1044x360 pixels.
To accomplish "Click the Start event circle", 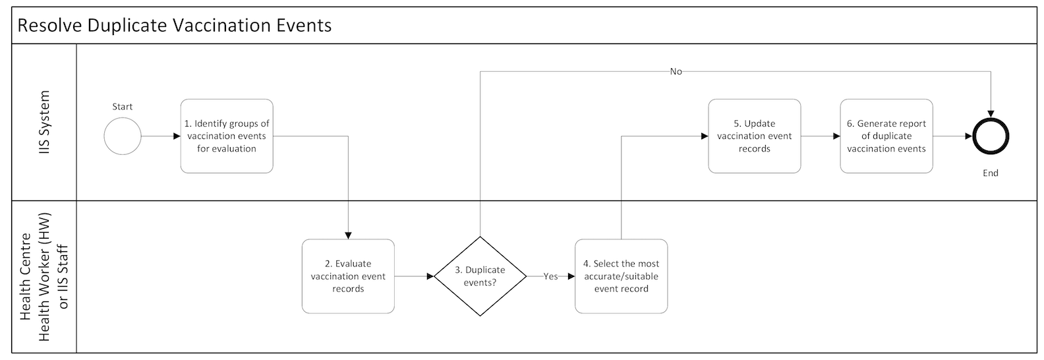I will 123,136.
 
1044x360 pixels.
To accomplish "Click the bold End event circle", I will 991,136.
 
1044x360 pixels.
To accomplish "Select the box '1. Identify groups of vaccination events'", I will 227,136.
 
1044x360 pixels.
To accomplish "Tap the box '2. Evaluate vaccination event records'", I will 348,276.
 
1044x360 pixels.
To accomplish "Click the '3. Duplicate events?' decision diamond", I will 480,276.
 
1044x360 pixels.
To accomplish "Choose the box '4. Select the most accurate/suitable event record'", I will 621,276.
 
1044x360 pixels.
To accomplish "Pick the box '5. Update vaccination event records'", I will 754,136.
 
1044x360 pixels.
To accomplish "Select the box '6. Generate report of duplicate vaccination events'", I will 886,136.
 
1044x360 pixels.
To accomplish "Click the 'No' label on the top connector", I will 676,71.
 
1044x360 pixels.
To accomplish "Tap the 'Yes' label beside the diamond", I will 550,276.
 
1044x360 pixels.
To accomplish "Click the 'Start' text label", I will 123,107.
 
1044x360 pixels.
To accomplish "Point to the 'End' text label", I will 990,173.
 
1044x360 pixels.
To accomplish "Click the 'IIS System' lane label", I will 44,123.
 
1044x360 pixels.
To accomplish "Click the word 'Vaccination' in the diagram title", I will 215,26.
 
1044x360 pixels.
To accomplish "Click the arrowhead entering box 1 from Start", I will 177,136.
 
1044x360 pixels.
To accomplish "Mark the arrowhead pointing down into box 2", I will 348,235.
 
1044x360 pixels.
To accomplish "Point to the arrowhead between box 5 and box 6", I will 836,136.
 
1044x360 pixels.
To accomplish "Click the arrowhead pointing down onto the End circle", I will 991,114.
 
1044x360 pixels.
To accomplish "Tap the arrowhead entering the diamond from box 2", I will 430,276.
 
